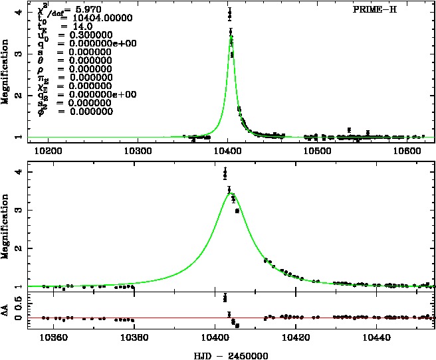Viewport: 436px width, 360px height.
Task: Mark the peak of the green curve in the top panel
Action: (230, 38)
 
